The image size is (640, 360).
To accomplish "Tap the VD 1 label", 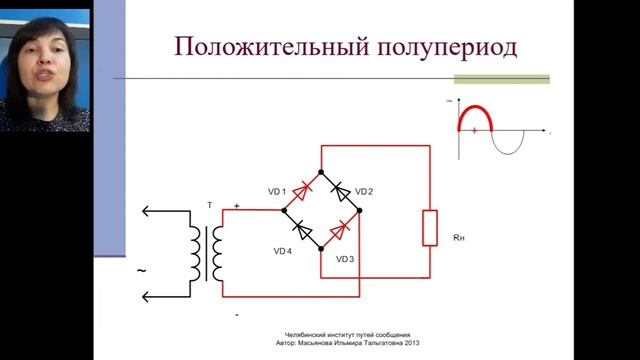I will click(x=276, y=191).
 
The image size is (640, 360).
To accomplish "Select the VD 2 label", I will click(x=364, y=191).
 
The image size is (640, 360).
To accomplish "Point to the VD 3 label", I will click(x=345, y=259).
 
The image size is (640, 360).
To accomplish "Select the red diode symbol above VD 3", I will click(x=341, y=229).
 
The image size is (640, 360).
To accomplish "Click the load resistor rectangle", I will click(x=430, y=228).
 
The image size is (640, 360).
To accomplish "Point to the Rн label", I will click(x=459, y=238).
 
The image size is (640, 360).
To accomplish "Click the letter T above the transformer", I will click(x=209, y=205).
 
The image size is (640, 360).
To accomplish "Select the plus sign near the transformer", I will click(x=237, y=206).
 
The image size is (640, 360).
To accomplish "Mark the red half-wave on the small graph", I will click(x=475, y=113).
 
